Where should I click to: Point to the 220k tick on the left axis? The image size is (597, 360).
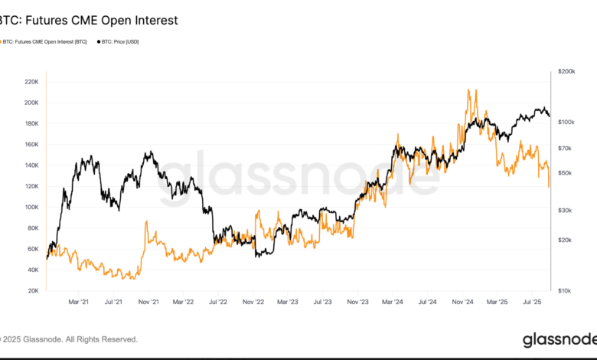[x=31, y=81]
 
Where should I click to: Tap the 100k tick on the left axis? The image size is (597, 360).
[x=31, y=207]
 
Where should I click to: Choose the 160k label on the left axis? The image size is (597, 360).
[x=31, y=144]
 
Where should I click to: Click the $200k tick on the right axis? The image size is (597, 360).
[x=567, y=71]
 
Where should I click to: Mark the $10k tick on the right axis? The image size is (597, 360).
[x=567, y=291]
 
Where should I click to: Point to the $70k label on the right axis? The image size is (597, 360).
[x=567, y=148]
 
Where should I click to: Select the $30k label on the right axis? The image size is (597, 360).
[x=567, y=210]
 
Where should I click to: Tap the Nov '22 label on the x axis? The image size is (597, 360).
[x=254, y=303]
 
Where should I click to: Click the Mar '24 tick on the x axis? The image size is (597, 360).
[x=393, y=303]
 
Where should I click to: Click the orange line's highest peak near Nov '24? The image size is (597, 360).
[x=468, y=90]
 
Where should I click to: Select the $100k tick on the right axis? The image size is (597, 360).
[x=567, y=123]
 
